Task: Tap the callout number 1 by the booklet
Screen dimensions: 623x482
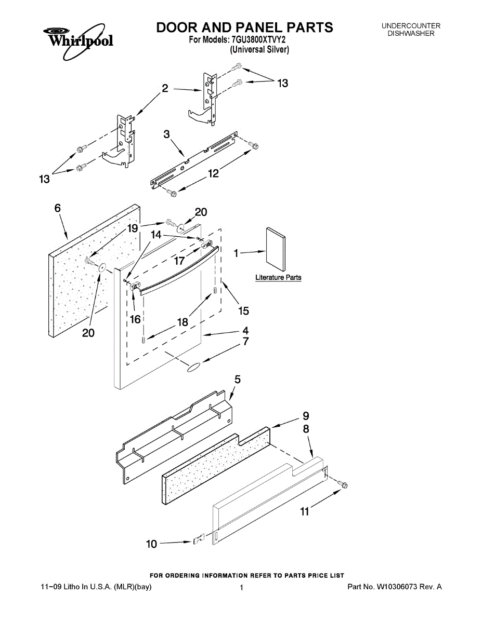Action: coord(236,253)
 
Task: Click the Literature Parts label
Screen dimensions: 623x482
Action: coord(278,278)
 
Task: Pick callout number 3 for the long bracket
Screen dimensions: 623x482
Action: coord(166,134)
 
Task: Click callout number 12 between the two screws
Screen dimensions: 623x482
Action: coord(214,174)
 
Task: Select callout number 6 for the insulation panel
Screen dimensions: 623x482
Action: coord(58,208)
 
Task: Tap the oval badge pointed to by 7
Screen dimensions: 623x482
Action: coord(193,368)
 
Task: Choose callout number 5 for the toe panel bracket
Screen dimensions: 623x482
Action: coord(237,380)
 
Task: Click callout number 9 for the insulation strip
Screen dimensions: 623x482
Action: coord(306,416)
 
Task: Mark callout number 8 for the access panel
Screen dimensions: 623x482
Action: coord(306,429)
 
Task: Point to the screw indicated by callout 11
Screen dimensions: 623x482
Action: coord(343,484)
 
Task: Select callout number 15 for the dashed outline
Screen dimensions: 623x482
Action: coord(243,311)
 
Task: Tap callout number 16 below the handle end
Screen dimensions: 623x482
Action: coord(135,319)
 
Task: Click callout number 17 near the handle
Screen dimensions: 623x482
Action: coord(179,261)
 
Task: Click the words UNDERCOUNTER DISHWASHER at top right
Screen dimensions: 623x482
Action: coord(411,30)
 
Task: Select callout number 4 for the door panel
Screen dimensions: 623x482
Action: coord(244,330)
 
